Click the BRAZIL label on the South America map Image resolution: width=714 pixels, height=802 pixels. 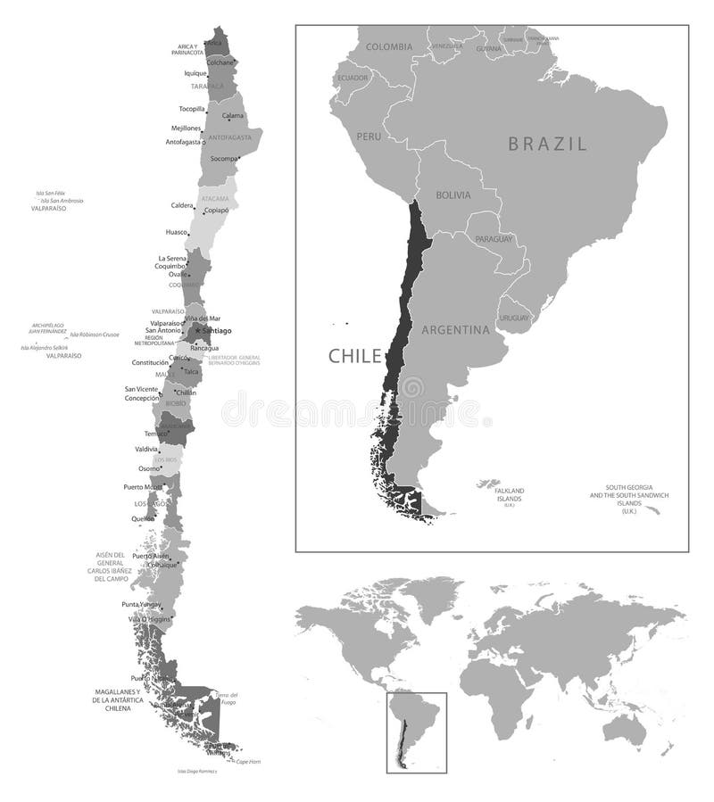(547, 144)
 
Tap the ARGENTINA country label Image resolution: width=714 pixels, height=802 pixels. (456, 330)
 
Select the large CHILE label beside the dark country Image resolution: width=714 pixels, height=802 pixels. (354, 356)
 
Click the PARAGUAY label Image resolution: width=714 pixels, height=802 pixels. (494, 239)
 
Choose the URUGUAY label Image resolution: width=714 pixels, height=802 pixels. (514, 318)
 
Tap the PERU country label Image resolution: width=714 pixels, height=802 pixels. (369, 136)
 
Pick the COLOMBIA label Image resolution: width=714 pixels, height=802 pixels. (388, 46)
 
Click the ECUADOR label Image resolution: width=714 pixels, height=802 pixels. (353, 78)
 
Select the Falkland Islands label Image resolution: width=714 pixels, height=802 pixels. (510, 494)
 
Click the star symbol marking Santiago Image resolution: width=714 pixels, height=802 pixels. (197, 330)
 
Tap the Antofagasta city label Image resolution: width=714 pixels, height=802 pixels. (183, 142)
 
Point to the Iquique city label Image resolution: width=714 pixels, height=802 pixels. (195, 73)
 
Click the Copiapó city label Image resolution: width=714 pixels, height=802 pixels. (217, 211)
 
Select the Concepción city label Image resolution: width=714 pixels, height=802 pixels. (141, 399)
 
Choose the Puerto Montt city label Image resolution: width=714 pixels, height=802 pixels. (143, 487)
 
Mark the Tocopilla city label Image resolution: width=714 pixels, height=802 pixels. (191, 109)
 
